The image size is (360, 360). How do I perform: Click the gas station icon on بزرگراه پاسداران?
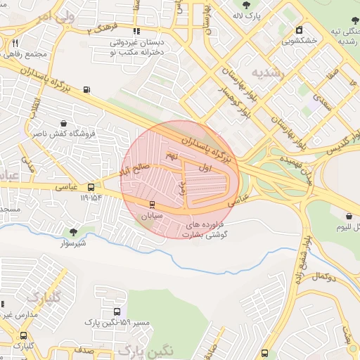(x=86, y=89)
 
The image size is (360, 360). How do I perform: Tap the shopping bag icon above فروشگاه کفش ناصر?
(x=65, y=122)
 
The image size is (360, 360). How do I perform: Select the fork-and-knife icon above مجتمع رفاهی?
(x=15, y=43)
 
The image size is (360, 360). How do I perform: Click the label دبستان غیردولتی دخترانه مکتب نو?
(x=138, y=47)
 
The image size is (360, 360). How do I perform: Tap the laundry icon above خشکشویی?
(x=300, y=30)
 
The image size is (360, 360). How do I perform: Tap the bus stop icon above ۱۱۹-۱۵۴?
(x=91, y=187)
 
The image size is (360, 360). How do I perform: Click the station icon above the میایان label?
(x=151, y=205)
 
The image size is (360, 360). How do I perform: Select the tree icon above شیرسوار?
(x=73, y=232)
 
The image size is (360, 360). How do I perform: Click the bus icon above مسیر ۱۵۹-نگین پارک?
(x=117, y=311)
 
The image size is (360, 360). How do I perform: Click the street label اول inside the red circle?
(x=205, y=168)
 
